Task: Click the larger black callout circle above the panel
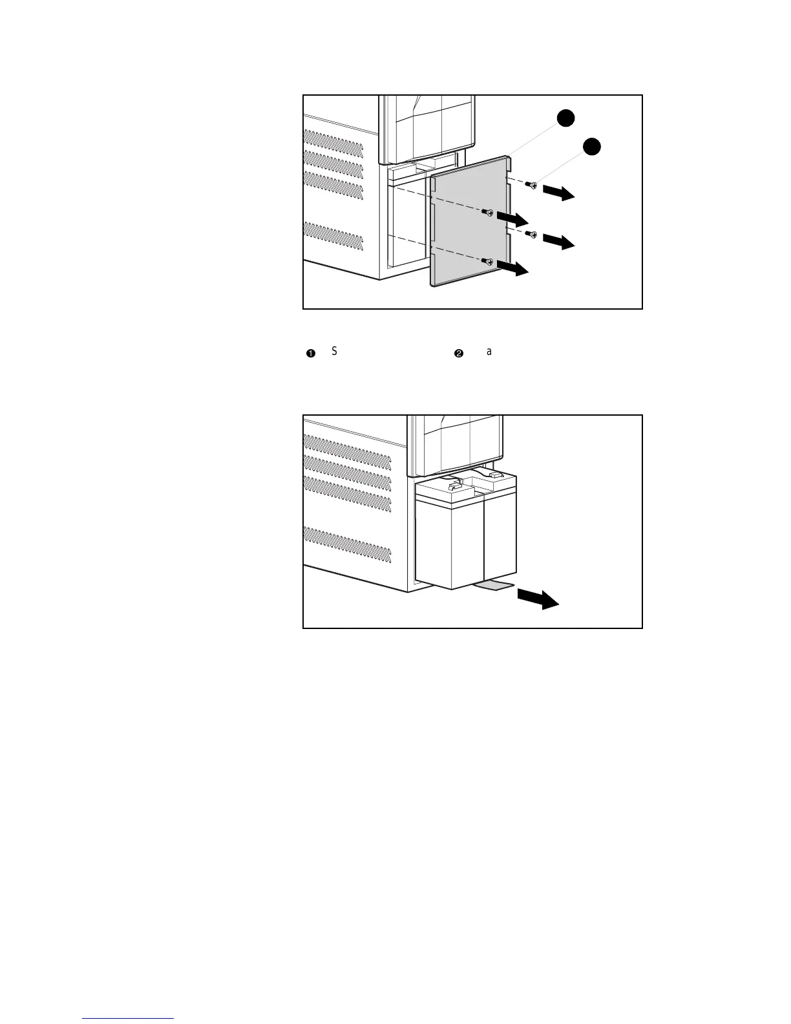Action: pos(566,118)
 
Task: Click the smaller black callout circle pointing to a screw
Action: pos(592,147)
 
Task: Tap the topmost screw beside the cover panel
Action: pos(531,186)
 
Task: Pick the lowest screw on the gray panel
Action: pos(489,261)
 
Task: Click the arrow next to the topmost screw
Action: pos(558,192)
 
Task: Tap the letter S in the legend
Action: pos(335,351)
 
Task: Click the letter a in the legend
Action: pos(489,352)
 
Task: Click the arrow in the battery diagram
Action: pos(538,599)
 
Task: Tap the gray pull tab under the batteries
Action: pos(494,585)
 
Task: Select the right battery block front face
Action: pos(501,540)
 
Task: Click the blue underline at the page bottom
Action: pos(129,1018)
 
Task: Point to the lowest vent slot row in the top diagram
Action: pos(333,237)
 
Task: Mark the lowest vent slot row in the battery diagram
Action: pos(347,542)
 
